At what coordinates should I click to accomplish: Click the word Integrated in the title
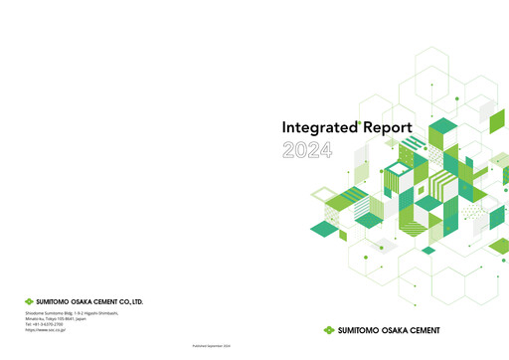(310, 128)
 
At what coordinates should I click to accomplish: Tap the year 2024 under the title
(307, 150)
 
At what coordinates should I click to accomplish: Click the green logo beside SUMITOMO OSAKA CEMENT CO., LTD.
(29, 300)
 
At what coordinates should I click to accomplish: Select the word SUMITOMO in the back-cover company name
(55, 300)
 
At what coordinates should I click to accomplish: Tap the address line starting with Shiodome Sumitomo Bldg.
(71, 313)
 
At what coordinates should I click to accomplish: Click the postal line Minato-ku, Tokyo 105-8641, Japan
(56, 319)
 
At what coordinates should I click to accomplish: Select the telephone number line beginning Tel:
(47, 325)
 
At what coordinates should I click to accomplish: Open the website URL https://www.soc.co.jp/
(46, 331)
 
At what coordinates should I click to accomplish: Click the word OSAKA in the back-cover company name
(86, 300)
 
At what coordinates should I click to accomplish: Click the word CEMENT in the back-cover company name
(110, 300)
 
